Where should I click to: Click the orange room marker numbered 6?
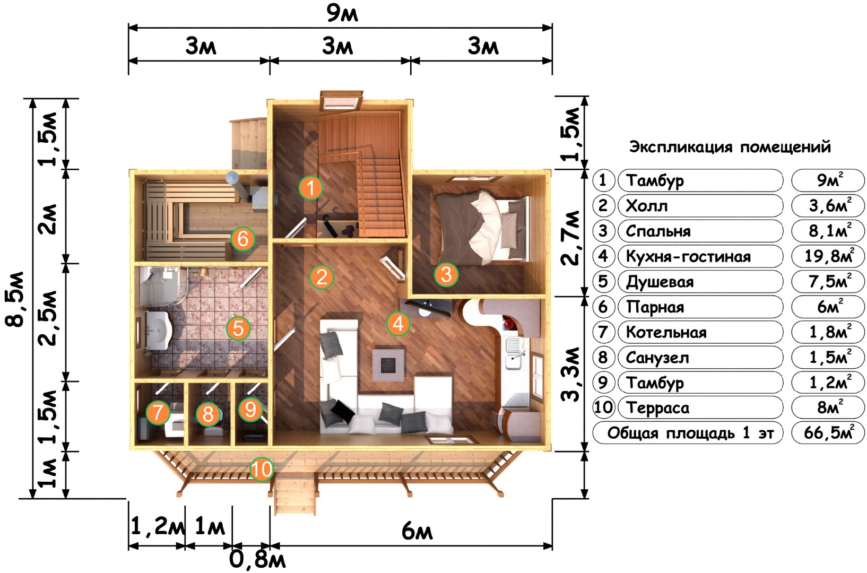tap(242, 239)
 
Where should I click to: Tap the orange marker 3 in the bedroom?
tap(446, 274)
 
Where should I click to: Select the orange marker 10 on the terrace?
tap(262, 470)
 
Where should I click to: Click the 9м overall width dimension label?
tap(342, 13)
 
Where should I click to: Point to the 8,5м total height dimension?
tap(15, 299)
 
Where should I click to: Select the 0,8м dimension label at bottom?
tap(257, 560)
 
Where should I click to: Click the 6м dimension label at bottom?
tap(417, 531)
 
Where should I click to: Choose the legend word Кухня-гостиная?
tap(688, 256)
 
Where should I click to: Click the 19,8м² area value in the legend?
tap(829, 256)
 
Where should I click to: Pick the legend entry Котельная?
tap(666, 332)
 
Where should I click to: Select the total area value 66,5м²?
tap(828, 432)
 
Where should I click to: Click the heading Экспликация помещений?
tap(730, 147)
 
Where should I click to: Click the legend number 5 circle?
tap(603, 282)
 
